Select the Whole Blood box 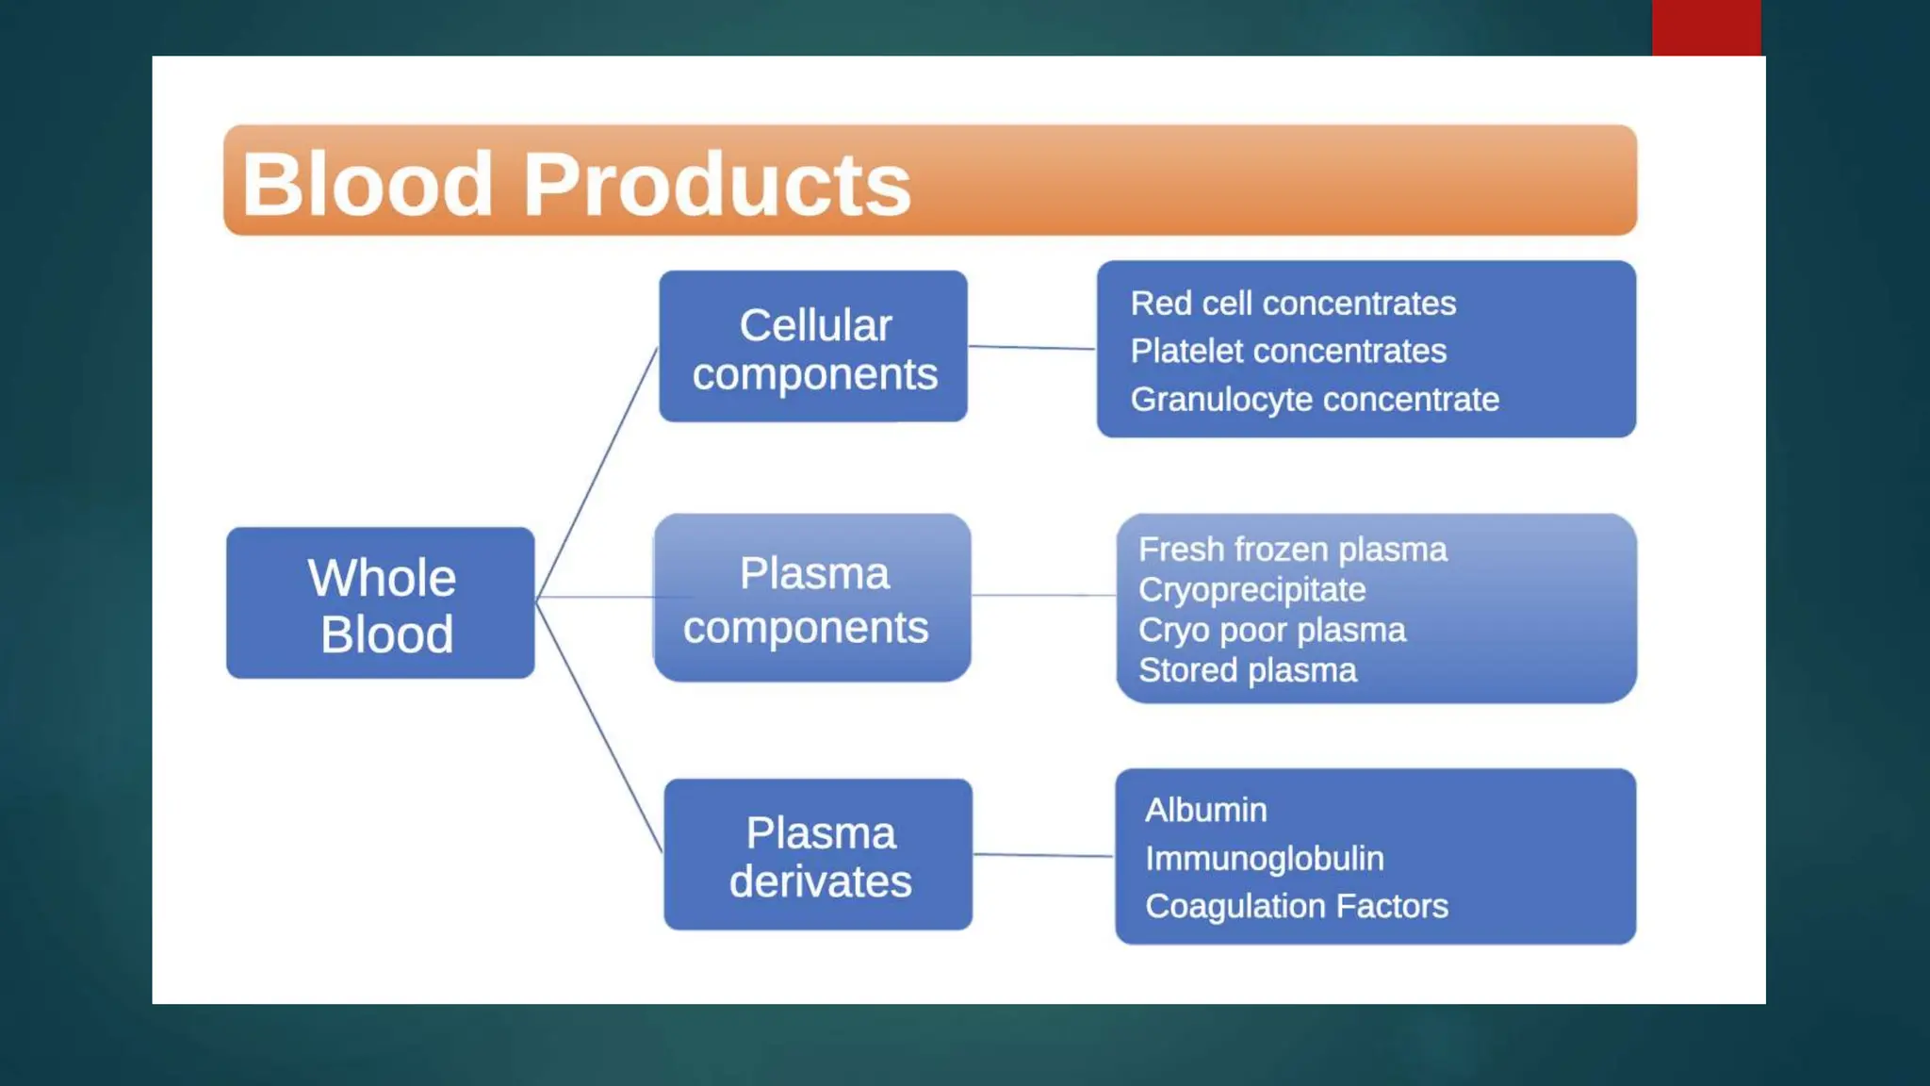[381, 603]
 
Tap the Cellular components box [813, 347]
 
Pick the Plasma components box [811, 598]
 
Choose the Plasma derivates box [818, 855]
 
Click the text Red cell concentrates [1293, 304]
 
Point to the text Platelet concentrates [1288, 352]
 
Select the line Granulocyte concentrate [1315, 400]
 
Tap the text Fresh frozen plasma [1292, 550]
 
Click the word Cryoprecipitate [1251, 590]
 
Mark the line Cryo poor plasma [1271, 631]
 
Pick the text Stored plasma [1247, 670]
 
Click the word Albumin [1205, 811]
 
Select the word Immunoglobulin [1264, 859]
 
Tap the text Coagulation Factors [1296, 907]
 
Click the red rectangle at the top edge [1706, 27]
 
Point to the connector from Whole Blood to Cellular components [597, 471]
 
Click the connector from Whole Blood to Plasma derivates [599, 726]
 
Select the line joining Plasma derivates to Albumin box [1043, 856]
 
